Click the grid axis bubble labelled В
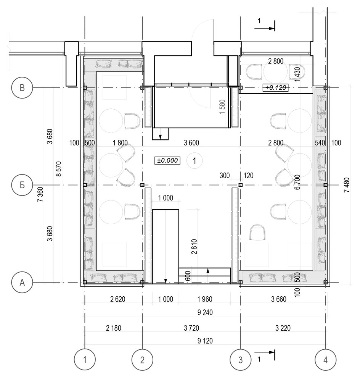pyautogui.click(x=22, y=87)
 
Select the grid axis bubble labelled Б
pyautogui.click(x=22, y=185)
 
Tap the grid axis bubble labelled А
pyautogui.click(x=22, y=282)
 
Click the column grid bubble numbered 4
pyautogui.click(x=325, y=360)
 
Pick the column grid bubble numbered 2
pyautogui.click(x=142, y=360)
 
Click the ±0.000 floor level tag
pyautogui.click(x=167, y=160)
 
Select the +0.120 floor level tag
pyautogui.click(x=275, y=87)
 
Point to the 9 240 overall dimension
pyautogui.click(x=205, y=312)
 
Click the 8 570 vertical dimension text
pyautogui.click(x=59, y=169)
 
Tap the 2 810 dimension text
pyautogui.click(x=194, y=247)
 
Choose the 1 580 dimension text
pyautogui.click(x=222, y=107)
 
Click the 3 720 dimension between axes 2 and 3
pyautogui.click(x=191, y=328)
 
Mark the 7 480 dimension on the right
pyautogui.click(x=347, y=185)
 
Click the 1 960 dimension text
pyautogui.click(x=205, y=299)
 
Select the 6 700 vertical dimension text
pyautogui.click(x=297, y=182)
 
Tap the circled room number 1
pyautogui.click(x=194, y=160)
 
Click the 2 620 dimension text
pyautogui.click(x=118, y=299)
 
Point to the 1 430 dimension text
pyautogui.click(x=297, y=74)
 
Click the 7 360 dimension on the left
pyautogui.click(x=40, y=195)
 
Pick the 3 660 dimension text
pyautogui.click(x=279, y=299)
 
